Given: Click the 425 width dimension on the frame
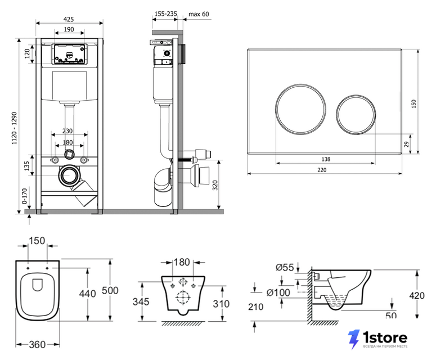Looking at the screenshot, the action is [69, 19].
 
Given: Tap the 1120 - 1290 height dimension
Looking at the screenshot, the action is [14, 128].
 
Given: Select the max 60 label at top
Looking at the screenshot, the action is [199, 14].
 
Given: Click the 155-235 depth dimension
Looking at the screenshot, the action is [166, 13].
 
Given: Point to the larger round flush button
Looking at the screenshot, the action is [301, 109].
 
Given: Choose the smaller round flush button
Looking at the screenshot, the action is [356, 115].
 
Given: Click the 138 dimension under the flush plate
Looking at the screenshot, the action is [326, 159].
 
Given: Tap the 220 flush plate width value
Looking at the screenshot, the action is [322, 170].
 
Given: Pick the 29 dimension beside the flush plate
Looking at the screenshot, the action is [406, 144].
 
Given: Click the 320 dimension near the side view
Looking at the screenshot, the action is [215, 185].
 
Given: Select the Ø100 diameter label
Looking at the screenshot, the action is [278, 292].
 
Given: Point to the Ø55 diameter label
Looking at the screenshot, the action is [285, 267].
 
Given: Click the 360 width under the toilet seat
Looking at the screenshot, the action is [37, 345].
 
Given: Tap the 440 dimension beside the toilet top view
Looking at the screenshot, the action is [88, 294].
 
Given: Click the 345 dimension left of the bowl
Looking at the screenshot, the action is [141, 301].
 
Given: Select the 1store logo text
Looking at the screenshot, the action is [385, 338].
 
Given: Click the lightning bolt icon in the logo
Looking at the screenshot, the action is [354, 339].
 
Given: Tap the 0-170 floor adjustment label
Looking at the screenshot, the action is [25, 196].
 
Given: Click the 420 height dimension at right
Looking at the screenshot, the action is [417, 295].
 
